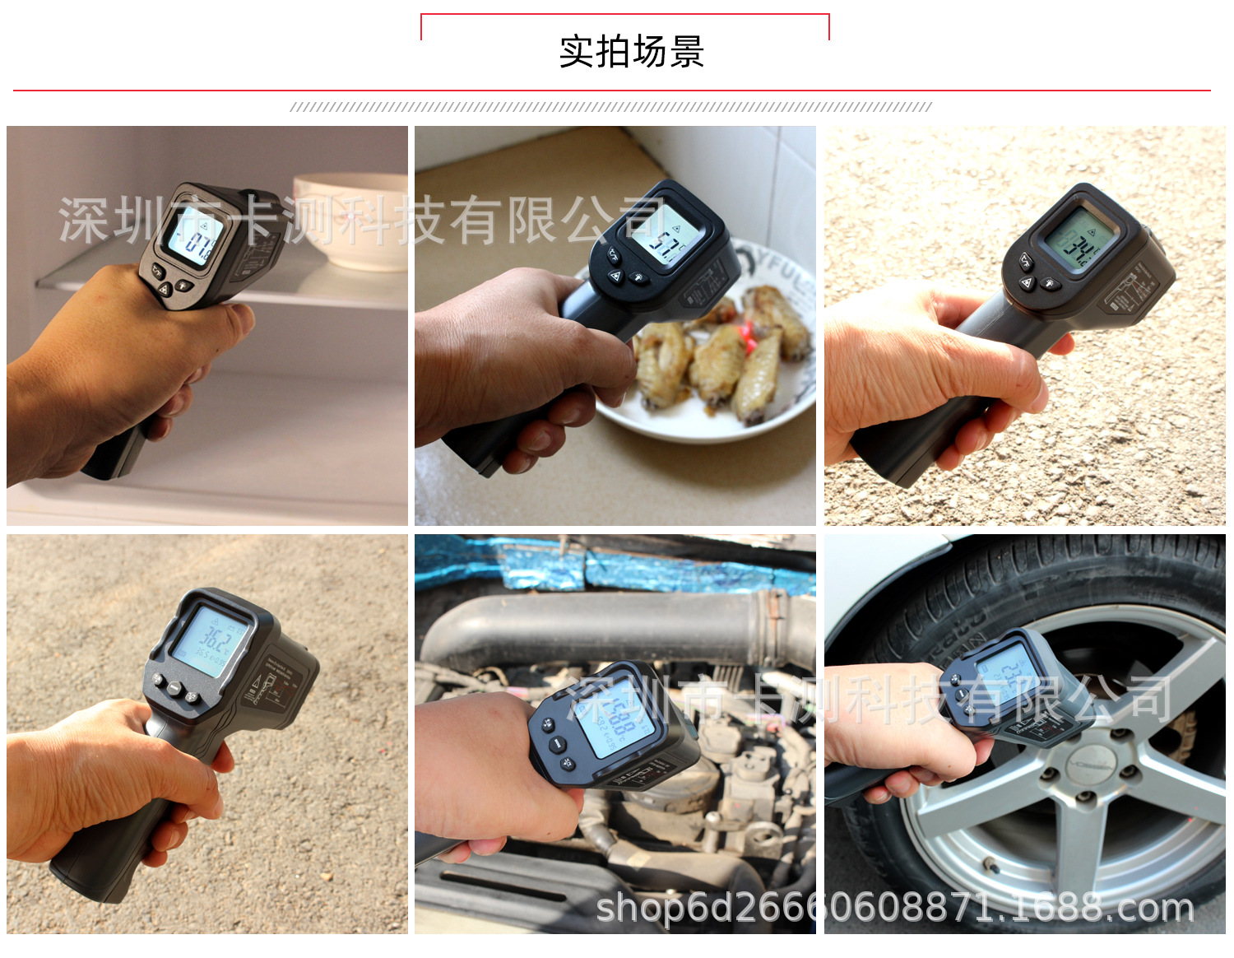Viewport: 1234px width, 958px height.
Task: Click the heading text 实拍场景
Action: point(631,52)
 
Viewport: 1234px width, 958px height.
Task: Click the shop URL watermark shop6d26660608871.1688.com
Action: point(894,908)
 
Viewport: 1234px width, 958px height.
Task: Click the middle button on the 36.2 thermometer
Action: point(174,688)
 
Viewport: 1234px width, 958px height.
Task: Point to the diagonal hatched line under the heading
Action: point(610,107)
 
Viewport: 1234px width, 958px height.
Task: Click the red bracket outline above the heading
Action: point(625,15)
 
